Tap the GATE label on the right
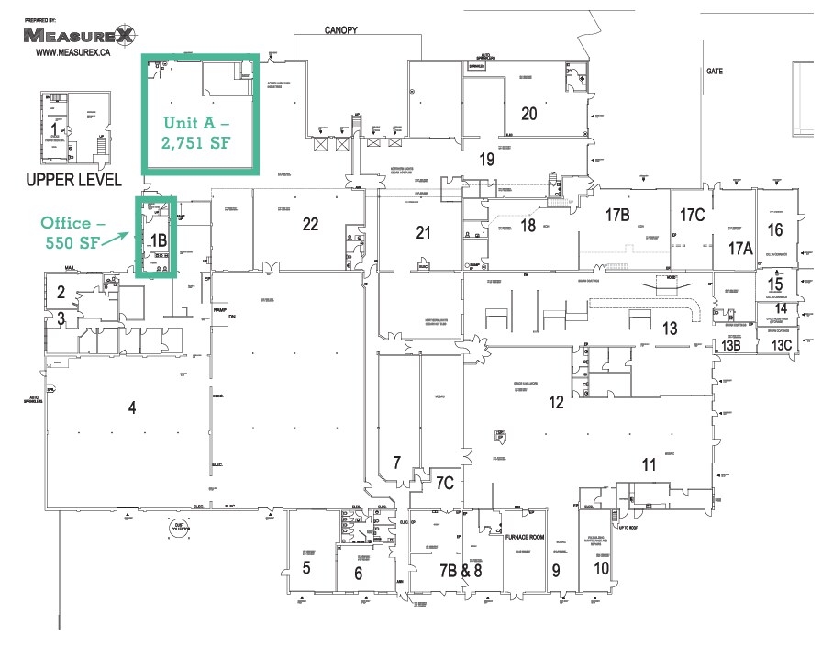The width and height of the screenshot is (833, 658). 715,70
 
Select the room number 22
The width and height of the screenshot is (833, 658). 310,224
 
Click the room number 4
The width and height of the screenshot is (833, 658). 132,408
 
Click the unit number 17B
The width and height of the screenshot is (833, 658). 617,217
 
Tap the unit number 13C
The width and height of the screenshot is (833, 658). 781,345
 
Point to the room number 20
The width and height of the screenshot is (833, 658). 528,114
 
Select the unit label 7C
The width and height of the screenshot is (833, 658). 445,483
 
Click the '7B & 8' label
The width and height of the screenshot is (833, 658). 459,569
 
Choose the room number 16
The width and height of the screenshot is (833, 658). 775,229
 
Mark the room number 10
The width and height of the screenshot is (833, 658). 601,567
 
